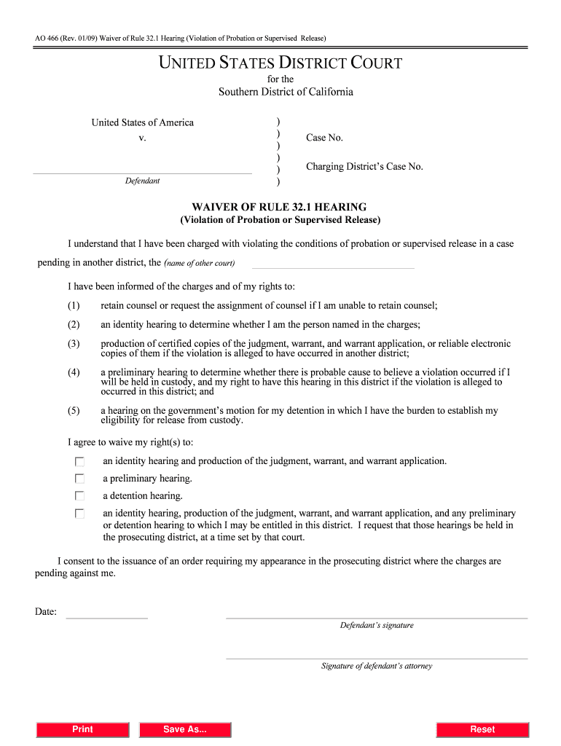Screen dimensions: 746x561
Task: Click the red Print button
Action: pos(82,729)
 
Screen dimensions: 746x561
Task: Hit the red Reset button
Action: pos(482,729)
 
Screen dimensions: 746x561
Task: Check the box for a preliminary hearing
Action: pos(79,479)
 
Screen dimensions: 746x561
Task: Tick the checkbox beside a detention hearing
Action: pos(79,497)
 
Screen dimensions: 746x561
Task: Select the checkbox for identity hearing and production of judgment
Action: pos(79,462)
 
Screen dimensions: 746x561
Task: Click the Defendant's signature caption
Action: pos(377,625)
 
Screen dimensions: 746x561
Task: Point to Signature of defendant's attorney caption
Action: pos(377,666)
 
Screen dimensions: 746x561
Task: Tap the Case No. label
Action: pos(324,138)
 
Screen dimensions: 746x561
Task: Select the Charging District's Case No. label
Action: pos(364,167)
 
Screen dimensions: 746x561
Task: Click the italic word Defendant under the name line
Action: pos(142,181)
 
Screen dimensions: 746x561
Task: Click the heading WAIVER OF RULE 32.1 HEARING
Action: pos(280,207)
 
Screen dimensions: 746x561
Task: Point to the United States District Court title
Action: pos(280,63)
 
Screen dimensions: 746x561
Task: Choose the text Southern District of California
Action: pos(286,92)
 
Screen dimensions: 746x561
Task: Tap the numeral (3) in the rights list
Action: pos(74,344)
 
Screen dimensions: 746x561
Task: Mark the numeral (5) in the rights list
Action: pos(74,411)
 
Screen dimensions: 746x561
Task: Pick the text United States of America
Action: pos(142,122)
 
